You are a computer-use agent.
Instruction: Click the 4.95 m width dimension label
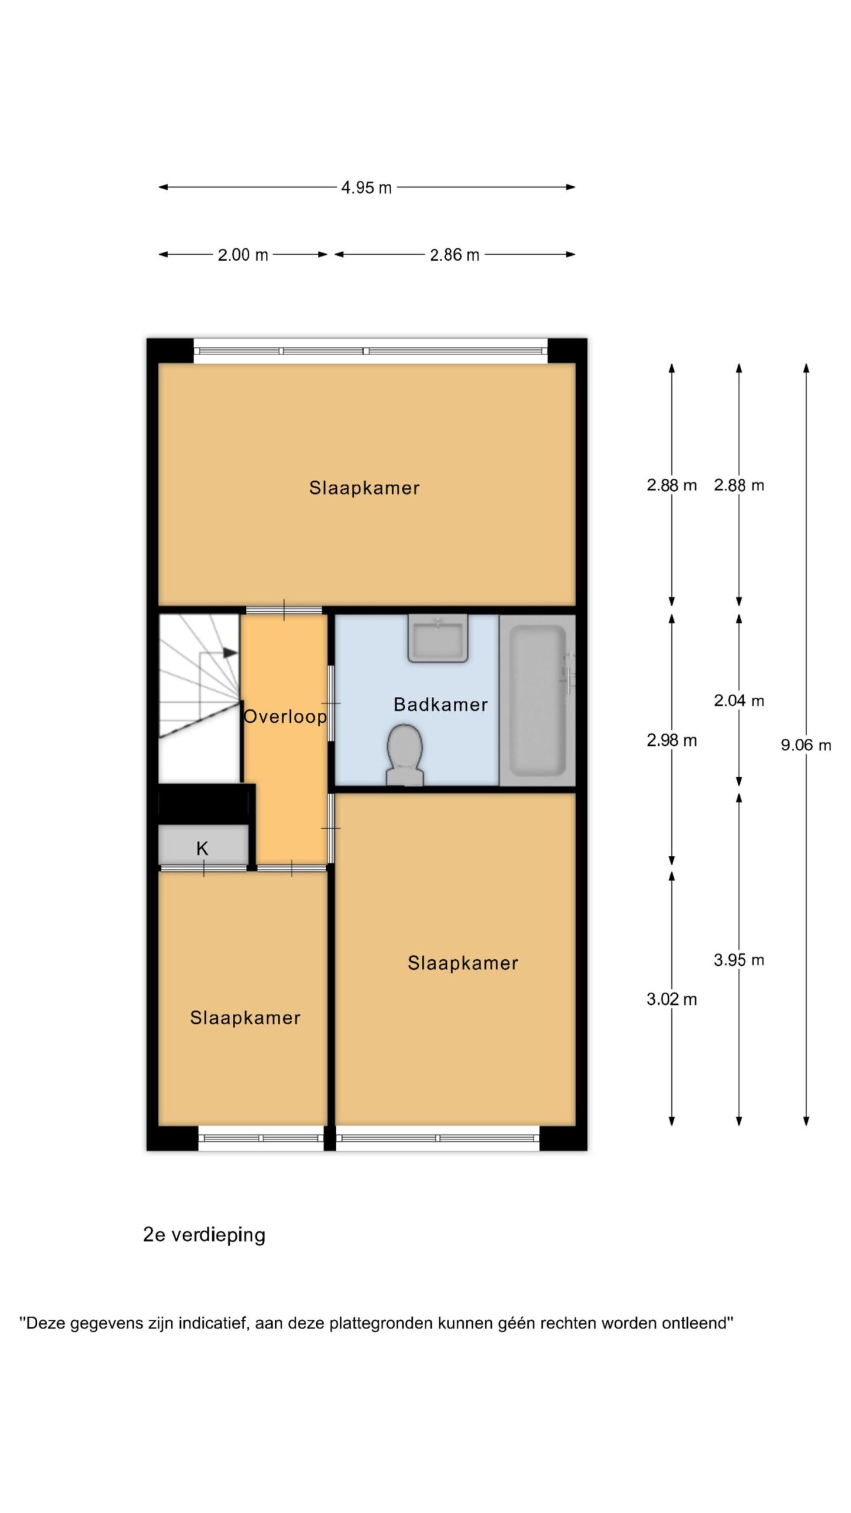366,187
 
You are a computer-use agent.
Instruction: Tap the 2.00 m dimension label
243,255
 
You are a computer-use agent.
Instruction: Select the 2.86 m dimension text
454,255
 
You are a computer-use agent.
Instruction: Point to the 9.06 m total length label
806,745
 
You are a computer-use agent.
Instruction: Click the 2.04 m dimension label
739,700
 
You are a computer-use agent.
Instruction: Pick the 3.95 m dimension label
739,960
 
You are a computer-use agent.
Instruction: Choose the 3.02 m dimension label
672,999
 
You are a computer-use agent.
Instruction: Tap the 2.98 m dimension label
672,740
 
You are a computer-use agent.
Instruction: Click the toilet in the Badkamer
405,756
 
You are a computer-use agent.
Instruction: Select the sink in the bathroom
438,638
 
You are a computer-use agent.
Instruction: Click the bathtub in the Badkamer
537,701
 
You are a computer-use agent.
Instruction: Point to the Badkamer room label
441,704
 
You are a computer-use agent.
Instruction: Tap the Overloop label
285,717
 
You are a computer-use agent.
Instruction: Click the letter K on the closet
202,849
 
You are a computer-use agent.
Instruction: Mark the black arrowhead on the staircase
230,652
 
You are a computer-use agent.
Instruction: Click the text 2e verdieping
204,1235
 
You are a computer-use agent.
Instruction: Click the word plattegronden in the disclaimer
381,1323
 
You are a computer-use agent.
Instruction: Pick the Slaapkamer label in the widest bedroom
365,488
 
